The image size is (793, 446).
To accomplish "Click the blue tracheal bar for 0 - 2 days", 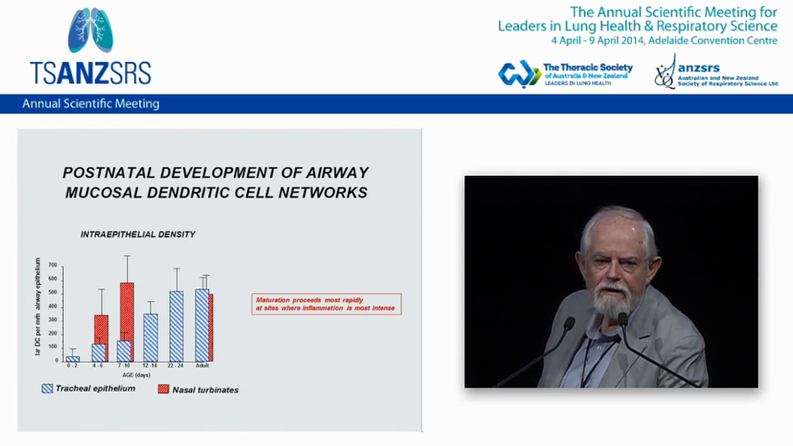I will (72, 358).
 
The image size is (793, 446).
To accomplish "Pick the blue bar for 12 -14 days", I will (151, 337).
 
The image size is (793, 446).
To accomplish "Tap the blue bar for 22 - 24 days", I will (177, 326).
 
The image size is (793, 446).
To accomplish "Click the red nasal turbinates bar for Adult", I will (211, 327).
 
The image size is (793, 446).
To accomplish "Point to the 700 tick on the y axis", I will (53, 265).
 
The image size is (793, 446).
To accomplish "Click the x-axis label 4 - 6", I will (98, 365).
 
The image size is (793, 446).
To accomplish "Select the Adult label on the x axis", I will (202, 365).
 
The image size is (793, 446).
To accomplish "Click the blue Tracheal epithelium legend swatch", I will (47, 388).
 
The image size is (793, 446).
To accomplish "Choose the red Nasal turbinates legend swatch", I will (164, 389).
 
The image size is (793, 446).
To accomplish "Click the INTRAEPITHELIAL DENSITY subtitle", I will (138, 234).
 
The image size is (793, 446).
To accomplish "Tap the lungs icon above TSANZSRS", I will (90, 30).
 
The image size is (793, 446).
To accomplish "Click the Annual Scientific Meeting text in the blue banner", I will (90, 104).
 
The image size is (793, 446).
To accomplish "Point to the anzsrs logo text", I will (698, 69).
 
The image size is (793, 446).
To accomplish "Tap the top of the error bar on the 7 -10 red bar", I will (126, 255).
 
